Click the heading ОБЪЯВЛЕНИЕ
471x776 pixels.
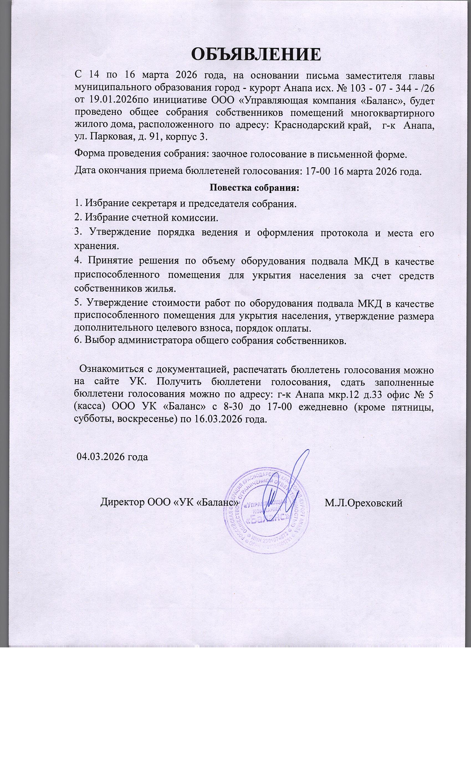coord(256,54)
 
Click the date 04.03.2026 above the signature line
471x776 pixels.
coord(101,457)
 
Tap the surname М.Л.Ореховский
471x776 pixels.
coord(364,503)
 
